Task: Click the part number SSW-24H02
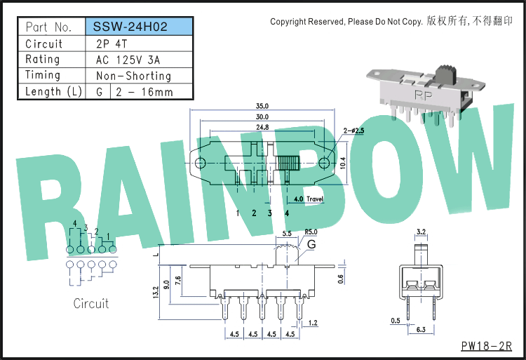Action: point(130,27)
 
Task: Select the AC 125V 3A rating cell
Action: point(128,60)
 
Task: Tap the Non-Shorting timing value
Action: point(133,76)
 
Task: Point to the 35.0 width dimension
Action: point(262,106)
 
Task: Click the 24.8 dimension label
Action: point(262,127)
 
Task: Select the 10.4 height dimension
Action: point(342,163)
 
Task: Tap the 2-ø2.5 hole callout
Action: point(353,131)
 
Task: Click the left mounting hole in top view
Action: point(201,163)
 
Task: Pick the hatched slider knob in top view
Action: point(289,164)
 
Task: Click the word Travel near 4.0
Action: point(315,199)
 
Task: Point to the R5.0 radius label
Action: point(311,232)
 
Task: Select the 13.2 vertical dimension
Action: point(155,292)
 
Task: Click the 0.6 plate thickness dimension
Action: point(340,279)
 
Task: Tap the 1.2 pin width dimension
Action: point(313,323)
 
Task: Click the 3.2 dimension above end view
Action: point(421,232)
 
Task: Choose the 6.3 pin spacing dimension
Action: point(421,329)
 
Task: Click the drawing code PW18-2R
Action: point(487,346)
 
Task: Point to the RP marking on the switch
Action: point(424,95)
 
